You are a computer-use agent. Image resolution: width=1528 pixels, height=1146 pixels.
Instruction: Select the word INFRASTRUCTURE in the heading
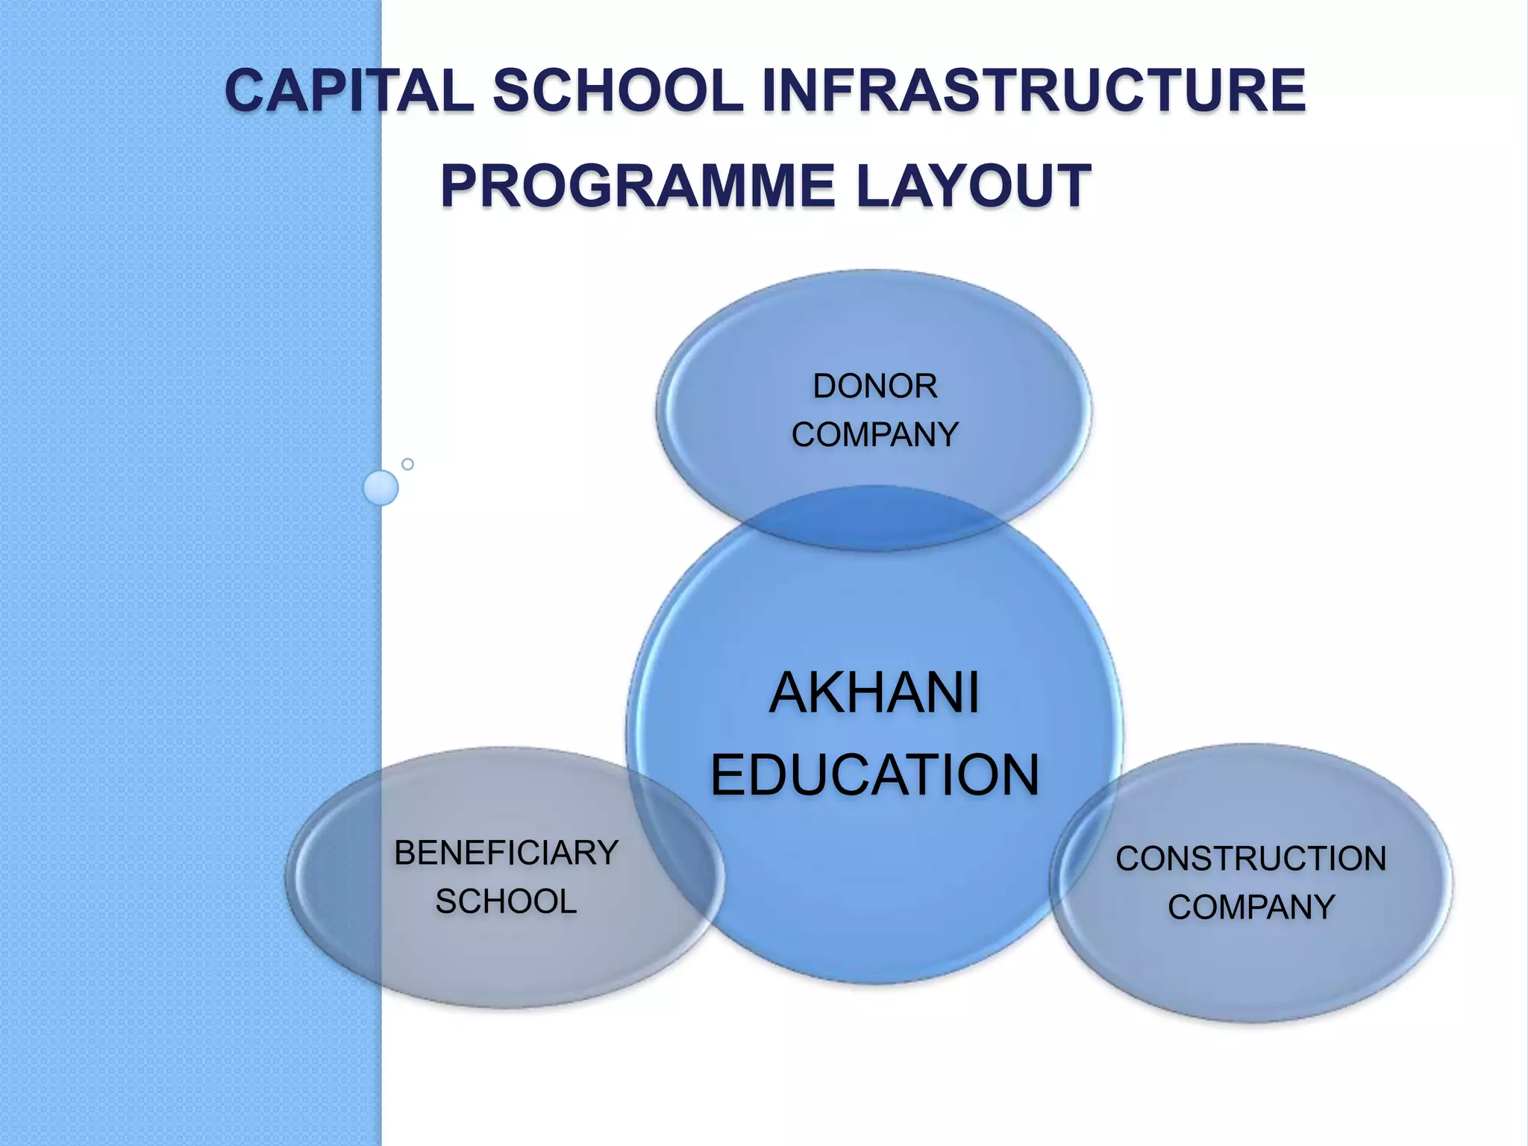point(1033,91)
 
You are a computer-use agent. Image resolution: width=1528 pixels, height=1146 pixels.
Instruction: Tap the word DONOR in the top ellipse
point(874,386)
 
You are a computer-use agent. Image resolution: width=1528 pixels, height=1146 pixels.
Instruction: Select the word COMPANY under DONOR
point(874,435)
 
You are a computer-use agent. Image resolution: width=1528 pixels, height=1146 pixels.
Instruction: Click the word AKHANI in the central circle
point(874,693)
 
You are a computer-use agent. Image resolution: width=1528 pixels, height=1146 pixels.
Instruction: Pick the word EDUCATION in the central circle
point(874,775)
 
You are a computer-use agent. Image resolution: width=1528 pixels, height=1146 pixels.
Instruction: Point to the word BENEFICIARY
point(506,853)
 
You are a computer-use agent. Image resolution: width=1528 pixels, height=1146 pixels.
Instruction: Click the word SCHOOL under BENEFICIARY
point(506,901)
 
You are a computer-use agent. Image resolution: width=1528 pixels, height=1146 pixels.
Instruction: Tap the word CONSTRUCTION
point(1250,859)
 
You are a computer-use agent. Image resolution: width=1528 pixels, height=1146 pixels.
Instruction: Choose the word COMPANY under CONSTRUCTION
point(1250,907)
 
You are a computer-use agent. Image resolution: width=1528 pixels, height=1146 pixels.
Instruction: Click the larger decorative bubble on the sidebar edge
point(381,488)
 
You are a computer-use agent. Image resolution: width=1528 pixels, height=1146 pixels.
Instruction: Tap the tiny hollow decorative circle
point(407,464)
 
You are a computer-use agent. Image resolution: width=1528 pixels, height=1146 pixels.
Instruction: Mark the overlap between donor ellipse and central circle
point(874,519)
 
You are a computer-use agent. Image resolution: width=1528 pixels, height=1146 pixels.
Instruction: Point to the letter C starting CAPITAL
point(246,91)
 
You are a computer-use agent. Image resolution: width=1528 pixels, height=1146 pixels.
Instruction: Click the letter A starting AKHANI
point(789,693)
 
